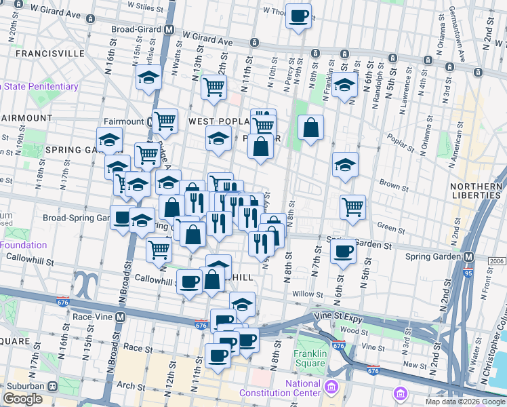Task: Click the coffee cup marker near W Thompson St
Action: coord(298,16)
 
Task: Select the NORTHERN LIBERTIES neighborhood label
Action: coord(477,189)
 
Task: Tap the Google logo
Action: coord(23,399)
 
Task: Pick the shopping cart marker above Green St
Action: coord(352,207)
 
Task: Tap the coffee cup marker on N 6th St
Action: coord(343,252)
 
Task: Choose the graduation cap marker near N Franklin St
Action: coord(344,85)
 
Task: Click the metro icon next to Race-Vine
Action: coord(121,317)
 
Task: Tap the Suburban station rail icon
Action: coord(52,386)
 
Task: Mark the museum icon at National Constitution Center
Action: coord(331,388)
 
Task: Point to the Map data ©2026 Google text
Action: coord(464,402)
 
